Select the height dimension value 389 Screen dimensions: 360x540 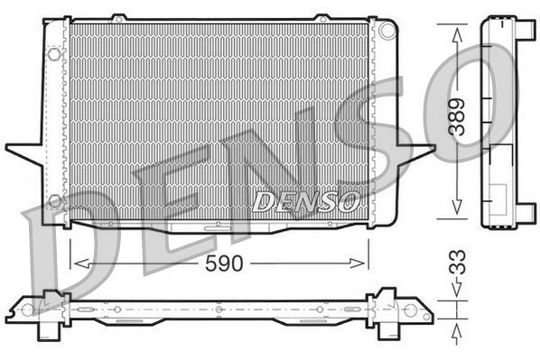tap(460, 116)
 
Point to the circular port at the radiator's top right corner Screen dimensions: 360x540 tap(387, 31)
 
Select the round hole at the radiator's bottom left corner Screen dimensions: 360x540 tap(54, 200)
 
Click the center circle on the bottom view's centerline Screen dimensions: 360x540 tap(219, 309)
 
